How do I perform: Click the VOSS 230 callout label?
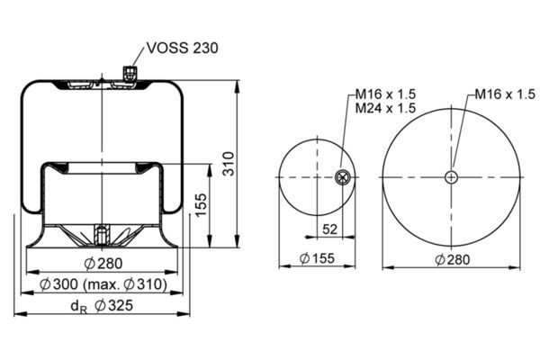point(182,48)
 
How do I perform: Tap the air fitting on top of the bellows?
point(130,72)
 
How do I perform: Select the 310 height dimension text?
point(228,164)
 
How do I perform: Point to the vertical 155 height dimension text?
point(201,204)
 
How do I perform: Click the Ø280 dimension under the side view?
point(103,264)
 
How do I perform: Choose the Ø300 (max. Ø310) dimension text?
point(103,284)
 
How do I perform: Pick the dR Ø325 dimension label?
point(102,306)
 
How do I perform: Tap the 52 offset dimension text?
point(329,229)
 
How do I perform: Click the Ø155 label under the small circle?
point(317,258)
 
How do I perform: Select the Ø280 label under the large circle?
point(452,259)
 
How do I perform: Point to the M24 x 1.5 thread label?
point(385,108)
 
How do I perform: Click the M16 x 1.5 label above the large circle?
point(505,94)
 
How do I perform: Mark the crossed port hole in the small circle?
point(343,177)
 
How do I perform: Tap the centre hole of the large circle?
point(451,178)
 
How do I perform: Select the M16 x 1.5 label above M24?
point(385,94)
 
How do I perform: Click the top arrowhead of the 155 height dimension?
point(210,170)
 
